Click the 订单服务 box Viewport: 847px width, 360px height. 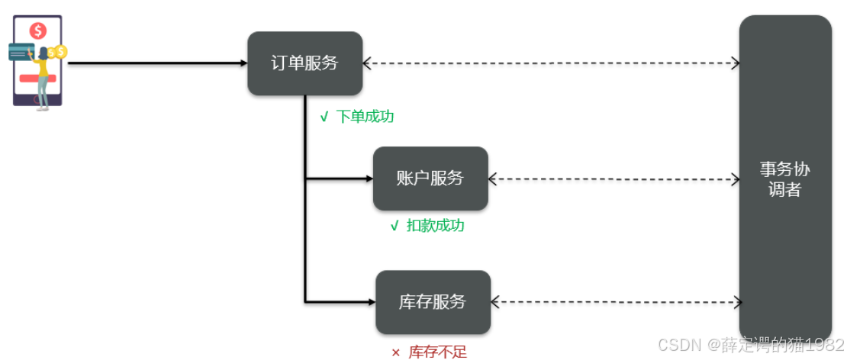pyautogui.click(x=304, y=63)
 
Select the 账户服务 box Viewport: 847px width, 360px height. pyautogui.click(x=430, y=178)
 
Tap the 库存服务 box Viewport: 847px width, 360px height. pyautogui.click(x=433, y=301)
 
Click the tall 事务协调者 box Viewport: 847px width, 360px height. pyautogui.click(x=784, y=179)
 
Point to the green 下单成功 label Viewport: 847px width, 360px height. pyautogui.click(x=365, y=117)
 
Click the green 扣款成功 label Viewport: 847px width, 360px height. pyautogui.click(x=435, y=226)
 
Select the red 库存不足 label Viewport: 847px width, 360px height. pyautogui.click(x=437, y=352)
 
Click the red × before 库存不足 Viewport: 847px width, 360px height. pyautogui.click(x=395, y=352)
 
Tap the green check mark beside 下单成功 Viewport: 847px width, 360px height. pyautogui.click(x=324, y=117)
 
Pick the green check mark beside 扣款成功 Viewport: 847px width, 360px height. pyautogui.click(x=395, y=226)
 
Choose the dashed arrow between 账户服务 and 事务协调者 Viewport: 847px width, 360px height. pyautogui.click(x=614, y=179)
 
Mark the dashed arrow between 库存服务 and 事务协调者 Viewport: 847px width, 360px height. pyautogui.click(x=615, y=302)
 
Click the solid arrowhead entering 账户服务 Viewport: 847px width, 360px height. pyautogui.click(x=369, y=179)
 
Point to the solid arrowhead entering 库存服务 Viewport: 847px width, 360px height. pyautogui.click(x=371, y=302)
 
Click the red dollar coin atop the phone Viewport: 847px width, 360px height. pyautogui.click(x=37, y=31)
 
